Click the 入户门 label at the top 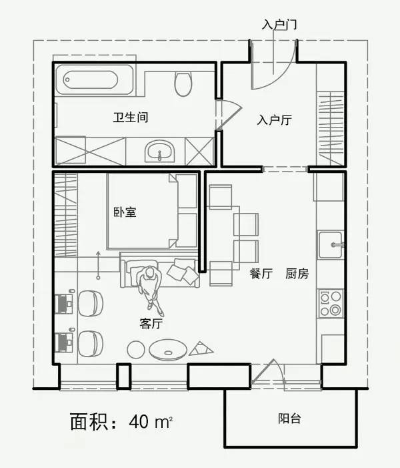(279, 25)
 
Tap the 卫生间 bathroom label (130, 118)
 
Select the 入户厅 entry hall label (275, 120)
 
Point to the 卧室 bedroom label (125, 212)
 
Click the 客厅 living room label (151, 324)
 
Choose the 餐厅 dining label (261, 274)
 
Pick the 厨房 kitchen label (297, 274)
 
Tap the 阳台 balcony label (289, 419)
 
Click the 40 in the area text (140, 422)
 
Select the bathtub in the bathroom (94, 81)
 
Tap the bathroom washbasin (160, 151)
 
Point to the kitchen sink (330, 244)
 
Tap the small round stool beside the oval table (136, 348)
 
